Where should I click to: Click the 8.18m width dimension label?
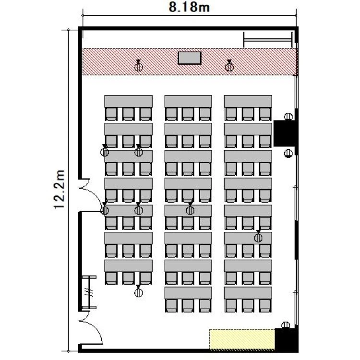[189, 7]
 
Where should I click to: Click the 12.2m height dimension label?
[60, 190]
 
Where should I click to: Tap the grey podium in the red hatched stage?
[190, 58]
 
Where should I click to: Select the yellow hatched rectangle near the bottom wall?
[242, 339]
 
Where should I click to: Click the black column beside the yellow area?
[286, 339]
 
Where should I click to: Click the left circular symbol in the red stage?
[138, 67]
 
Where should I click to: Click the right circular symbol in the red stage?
[229, 67]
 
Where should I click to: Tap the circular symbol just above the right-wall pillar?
[288, 117]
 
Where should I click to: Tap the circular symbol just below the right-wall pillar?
[288, 153]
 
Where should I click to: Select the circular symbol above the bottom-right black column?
[286, 325]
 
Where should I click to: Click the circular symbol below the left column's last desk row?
[138, 292]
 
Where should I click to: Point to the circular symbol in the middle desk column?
[190, 209]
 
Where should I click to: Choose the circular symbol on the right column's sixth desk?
[258, 238]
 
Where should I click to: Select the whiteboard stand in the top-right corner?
[268, 40]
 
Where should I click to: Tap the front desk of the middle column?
[188, 101]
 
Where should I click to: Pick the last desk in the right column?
[248, 293]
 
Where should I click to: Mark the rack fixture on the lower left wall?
[89, 292]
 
